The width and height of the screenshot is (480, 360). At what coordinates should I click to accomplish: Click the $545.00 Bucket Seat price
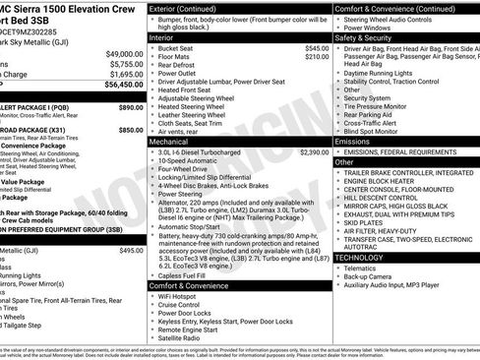(317, 48)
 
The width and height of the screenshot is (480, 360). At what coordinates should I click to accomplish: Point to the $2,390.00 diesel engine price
(315, 152)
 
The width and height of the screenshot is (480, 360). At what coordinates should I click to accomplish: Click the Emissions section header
(353, 142)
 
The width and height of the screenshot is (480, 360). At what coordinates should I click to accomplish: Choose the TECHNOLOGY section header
(359, 258)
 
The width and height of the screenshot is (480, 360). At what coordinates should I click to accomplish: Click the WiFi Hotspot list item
(180, 296)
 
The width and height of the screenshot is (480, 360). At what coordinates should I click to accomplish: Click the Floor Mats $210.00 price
(317, 58)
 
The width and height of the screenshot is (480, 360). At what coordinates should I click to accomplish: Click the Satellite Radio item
(182, 338)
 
